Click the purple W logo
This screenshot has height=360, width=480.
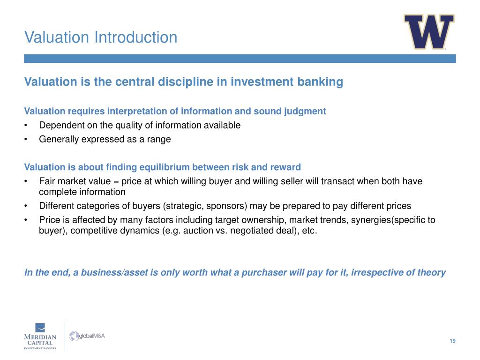(x=428, y=32)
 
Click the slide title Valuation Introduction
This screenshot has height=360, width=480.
(x=101, y=37)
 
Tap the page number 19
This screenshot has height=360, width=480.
(x=452, y=341)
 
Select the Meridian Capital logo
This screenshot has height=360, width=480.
(x=40, y=336)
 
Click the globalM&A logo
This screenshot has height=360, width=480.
(x=87, y=336)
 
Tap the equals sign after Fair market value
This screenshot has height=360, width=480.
(x=115, y=181)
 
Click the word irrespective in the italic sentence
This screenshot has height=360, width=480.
(x=380, y=272)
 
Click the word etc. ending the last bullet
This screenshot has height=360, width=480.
(x=310, y=231)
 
